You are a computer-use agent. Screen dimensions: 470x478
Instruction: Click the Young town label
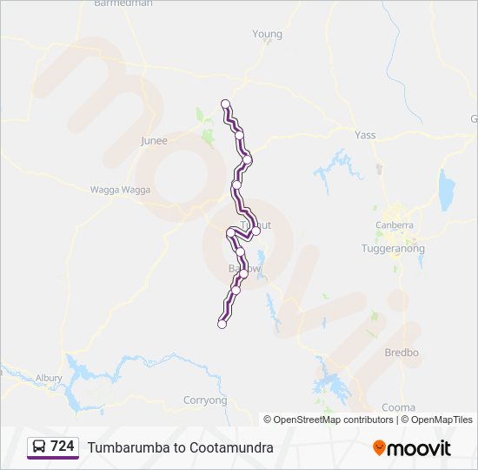(x=267, y=35)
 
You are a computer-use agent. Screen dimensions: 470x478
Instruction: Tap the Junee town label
(x=154, y=139)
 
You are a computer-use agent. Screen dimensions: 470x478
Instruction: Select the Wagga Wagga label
(x=120, y=190)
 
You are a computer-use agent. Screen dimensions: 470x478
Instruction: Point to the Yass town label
(x=365, y=135)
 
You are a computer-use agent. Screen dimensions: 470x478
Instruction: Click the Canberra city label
(x=394, y=225)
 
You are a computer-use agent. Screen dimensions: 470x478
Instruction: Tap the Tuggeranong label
(x=393, y=248)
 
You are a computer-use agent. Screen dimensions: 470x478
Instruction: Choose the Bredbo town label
(x=402, y=352)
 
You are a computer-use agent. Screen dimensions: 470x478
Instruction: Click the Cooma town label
(x=398, y=407)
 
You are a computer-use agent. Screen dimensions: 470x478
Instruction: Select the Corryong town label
(x=205, y=400)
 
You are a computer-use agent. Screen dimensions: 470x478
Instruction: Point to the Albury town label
(x=49, y=378)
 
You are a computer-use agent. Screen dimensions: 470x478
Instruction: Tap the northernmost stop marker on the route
(x=225, y=103)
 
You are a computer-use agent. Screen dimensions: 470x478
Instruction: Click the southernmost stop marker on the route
(x=222, y=325)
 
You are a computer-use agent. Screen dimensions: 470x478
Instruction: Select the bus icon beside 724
(x=39, y=446)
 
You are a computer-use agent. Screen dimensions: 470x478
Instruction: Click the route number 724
(x=62, y=446)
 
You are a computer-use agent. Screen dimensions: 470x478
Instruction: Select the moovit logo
(x=412, y=447)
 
